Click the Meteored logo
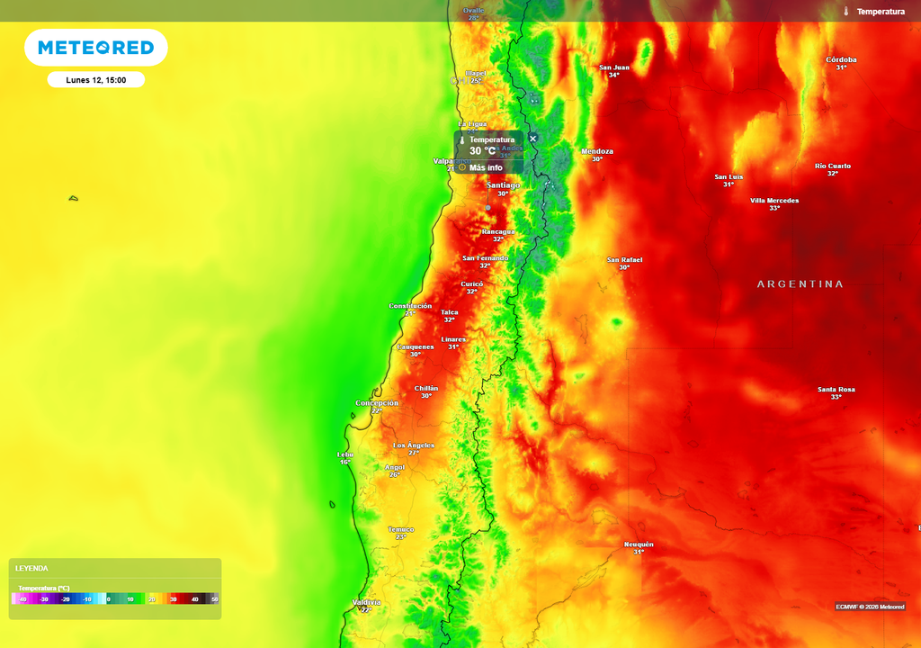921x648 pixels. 95,48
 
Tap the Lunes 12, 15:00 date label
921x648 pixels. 95,80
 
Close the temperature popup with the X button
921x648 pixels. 532,139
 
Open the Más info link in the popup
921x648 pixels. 485,167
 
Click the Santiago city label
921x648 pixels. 503,185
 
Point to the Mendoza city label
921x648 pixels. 597,151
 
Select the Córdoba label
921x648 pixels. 841,60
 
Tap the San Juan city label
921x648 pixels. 614,67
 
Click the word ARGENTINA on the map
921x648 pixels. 800,283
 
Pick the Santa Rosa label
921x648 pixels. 836,390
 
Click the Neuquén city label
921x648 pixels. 639,544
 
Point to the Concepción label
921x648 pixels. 377,403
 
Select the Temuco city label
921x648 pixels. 401,529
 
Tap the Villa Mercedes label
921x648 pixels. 773,201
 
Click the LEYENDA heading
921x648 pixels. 31,569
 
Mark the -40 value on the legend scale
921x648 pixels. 22,598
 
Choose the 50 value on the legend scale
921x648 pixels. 214,598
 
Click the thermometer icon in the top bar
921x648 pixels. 846,12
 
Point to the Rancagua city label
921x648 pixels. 497,231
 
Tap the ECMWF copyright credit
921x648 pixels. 869,606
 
